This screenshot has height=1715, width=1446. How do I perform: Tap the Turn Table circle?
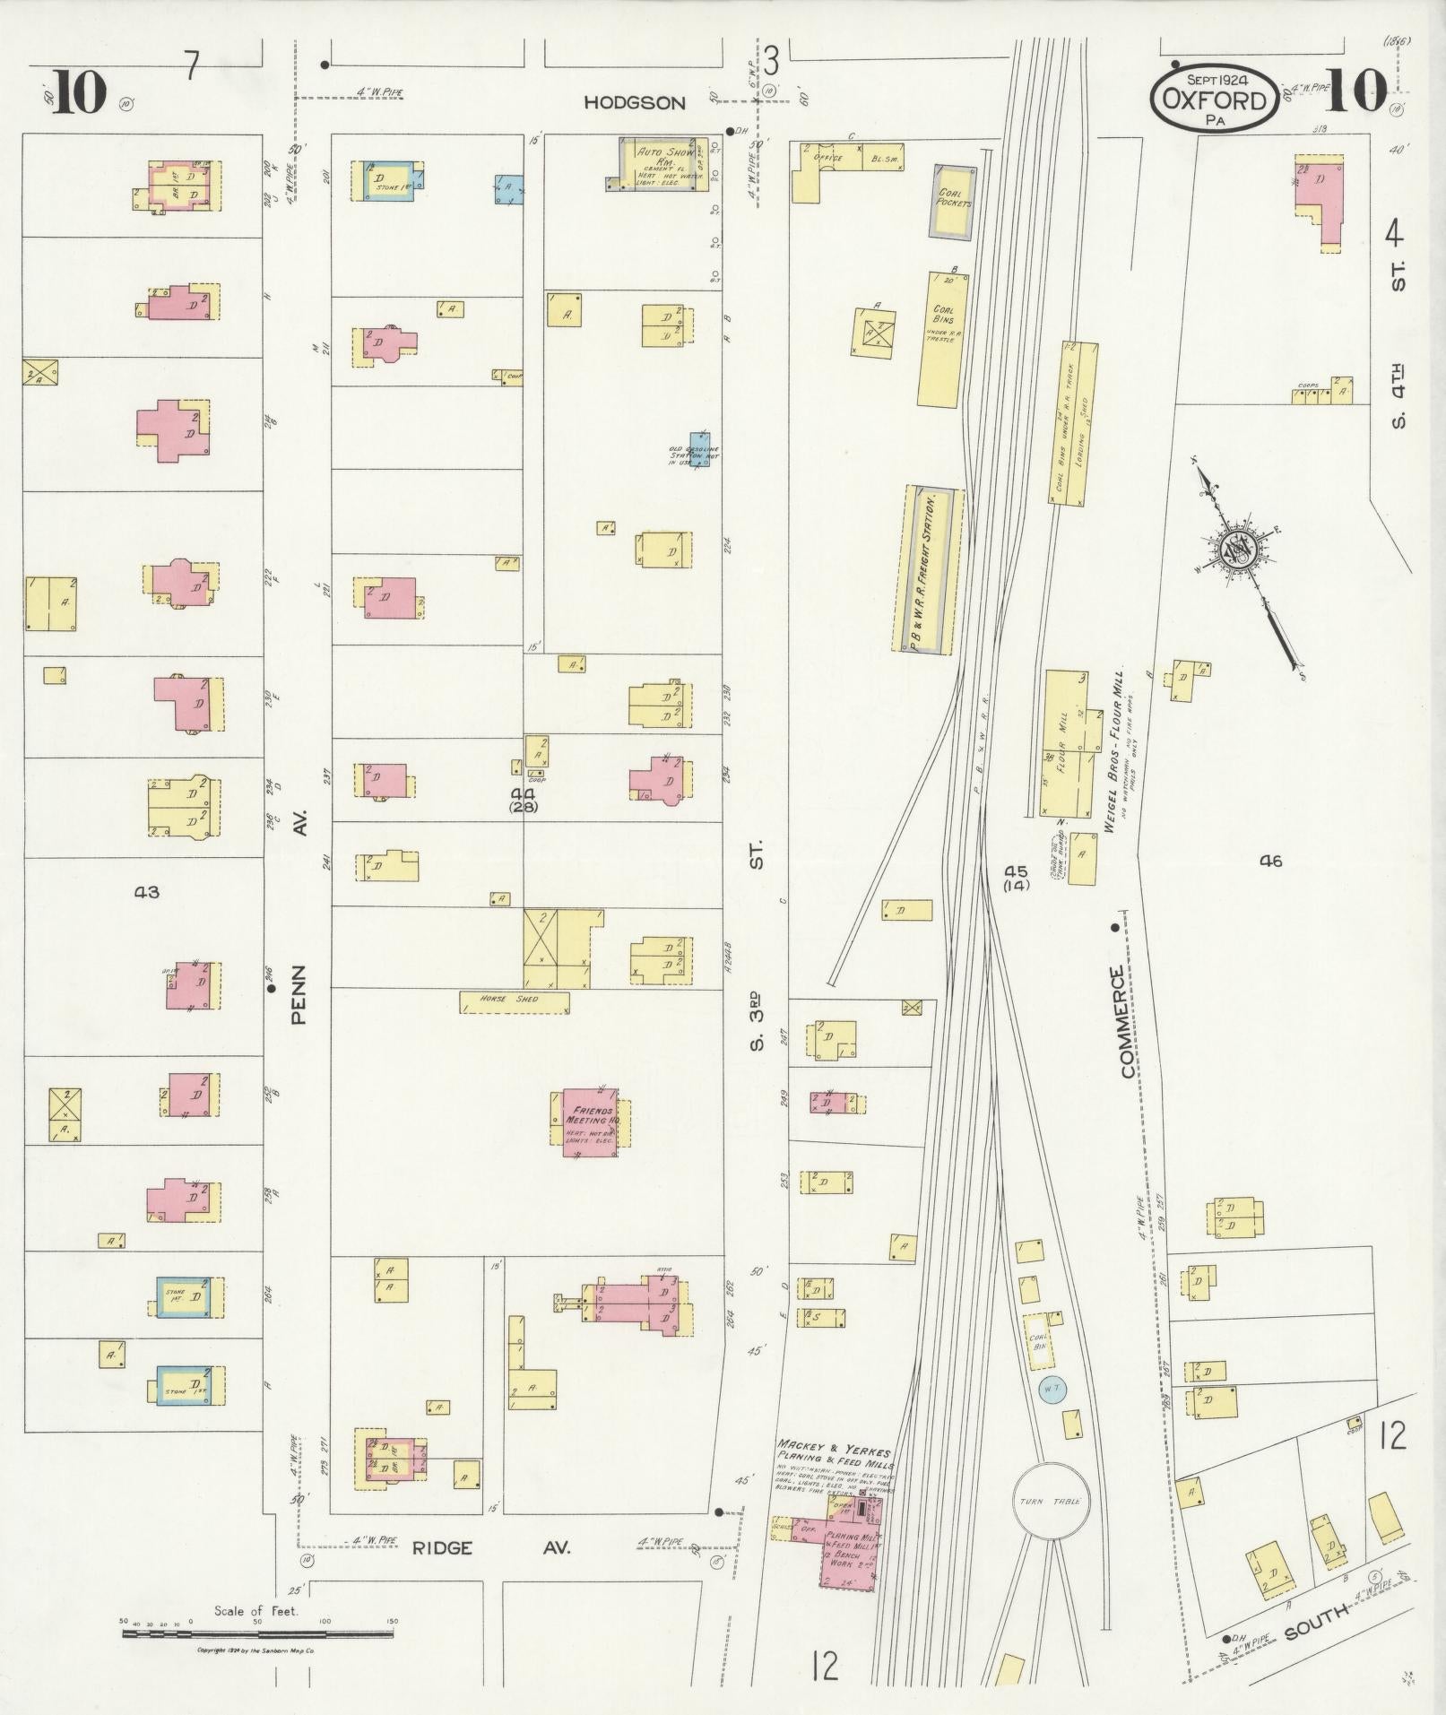pos(1049,1502)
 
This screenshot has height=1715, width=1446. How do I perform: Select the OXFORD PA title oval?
pos(1217,99)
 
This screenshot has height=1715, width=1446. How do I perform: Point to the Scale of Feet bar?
pos(257,1634)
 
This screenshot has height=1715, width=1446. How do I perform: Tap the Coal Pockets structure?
pos(952,202)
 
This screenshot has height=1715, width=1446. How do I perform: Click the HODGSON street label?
pos(634,103)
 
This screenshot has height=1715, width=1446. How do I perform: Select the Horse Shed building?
pos(514,1000)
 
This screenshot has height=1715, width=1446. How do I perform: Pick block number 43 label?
pos(146,892)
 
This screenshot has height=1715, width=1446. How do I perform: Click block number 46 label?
pos(1270,862)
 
